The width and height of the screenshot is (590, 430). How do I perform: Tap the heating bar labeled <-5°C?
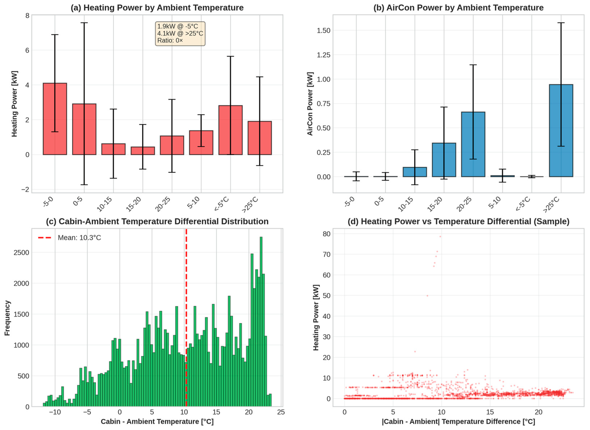(x=230, y=130)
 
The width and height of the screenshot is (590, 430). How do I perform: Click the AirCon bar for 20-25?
(x=473, y=144)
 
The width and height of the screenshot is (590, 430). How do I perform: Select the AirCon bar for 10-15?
(x=415, y=172)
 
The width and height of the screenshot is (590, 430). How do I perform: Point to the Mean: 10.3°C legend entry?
(x=70, y=238)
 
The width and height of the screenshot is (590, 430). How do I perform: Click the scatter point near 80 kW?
(x=440, y=236)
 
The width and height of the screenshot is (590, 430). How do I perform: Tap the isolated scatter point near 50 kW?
(x=427, y=296)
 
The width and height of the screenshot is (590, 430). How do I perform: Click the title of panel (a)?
(x=157, y=8)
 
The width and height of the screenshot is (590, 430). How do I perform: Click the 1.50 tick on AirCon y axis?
(x=323, y=31)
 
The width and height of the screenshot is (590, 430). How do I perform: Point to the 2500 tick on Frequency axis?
(x=21, y=252)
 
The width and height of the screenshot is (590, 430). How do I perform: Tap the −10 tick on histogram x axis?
(x=55, y=412)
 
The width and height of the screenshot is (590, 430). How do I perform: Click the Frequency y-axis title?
(x=7, y=318)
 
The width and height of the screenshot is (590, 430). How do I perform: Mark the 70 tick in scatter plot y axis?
(x=327, y=254)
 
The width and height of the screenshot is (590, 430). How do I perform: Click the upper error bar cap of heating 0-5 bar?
(x=84, y=23)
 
